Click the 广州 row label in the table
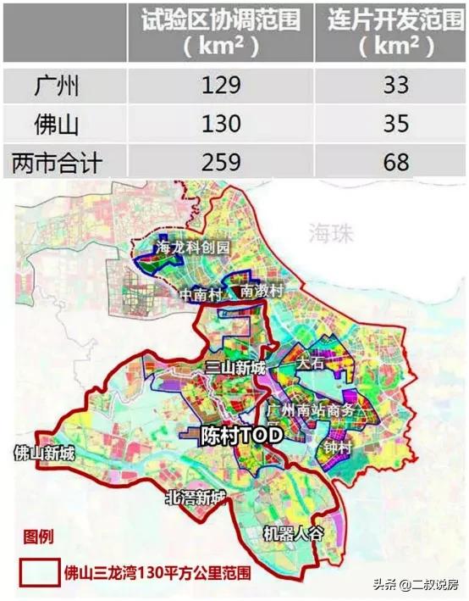pos(57,85)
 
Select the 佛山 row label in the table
pos(57,125)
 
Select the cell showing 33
pos(390,85)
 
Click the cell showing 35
pos(390,125)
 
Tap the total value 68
pos(390,162)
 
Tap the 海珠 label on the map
pos(327,231)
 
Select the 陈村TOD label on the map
pos(240,437)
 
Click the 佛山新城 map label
pos(45,454)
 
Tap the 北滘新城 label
pos(196,498)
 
